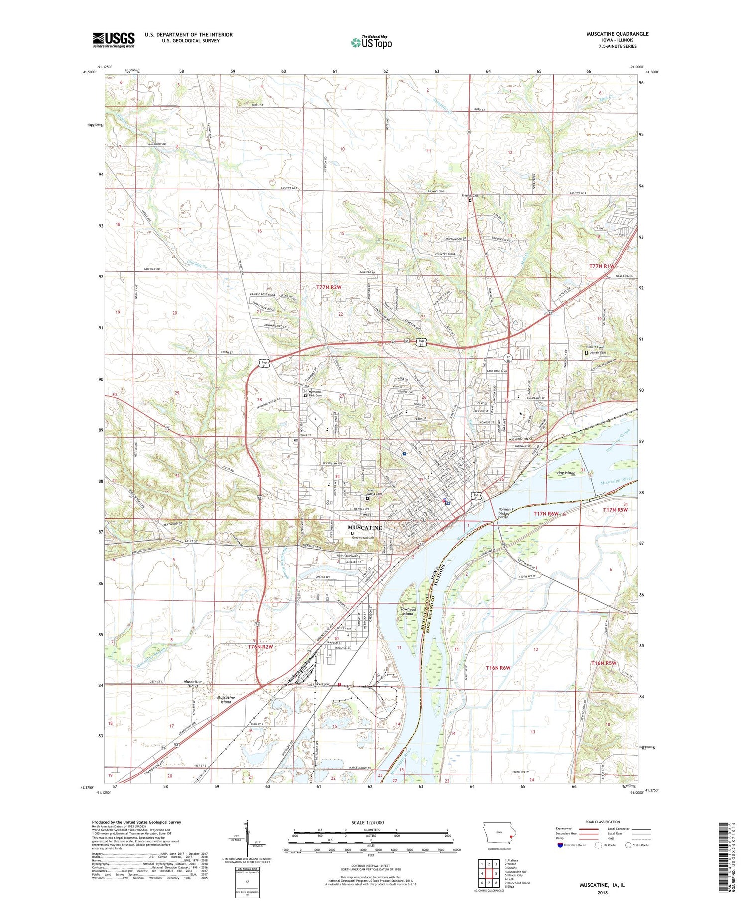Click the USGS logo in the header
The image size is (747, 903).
pos(114,40)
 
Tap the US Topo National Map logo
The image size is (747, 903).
pos(371,43)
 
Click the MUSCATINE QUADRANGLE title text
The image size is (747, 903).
pos(618,34)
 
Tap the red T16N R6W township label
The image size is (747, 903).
pos(498,667)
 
